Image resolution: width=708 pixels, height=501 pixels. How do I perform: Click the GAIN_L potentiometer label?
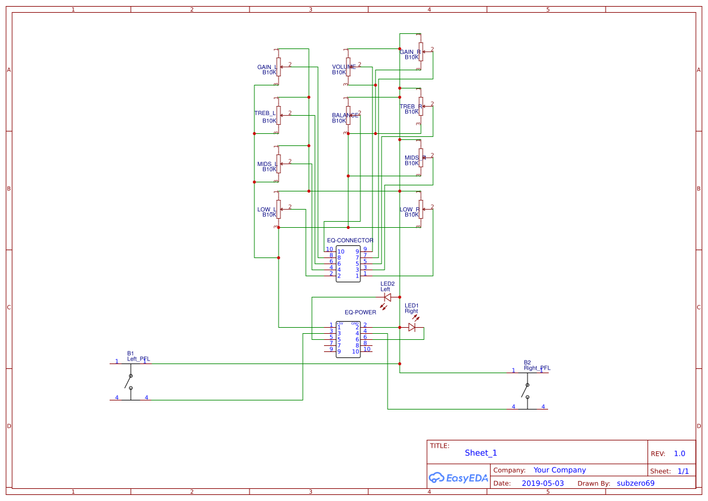[x=266, y=67]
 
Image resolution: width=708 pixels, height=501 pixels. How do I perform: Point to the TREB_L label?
[x=265, y=113]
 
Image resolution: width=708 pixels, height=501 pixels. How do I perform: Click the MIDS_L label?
[x=266, y=164]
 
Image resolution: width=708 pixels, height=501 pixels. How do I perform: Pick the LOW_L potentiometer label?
[x=266, y=210]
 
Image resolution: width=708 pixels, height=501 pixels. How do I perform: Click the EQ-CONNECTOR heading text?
[x=350, y=241]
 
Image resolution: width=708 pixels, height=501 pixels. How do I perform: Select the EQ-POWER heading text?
[x=360, y=313]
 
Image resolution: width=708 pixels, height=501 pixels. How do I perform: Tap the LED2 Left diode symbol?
[x=388, y=297]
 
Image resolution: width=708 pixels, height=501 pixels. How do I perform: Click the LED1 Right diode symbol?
[x=412, y=327]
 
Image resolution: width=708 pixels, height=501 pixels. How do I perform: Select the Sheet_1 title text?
[x=481, y=453]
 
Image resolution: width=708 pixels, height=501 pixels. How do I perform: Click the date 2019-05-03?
[x=543, y=483]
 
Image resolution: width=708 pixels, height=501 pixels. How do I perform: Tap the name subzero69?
[x=635, y=483]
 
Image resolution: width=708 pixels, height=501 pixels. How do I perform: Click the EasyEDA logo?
[x=458, y=478]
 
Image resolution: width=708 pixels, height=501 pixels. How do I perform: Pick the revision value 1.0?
[x=679, y=454]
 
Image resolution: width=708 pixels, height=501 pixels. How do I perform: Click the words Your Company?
[x=560, y=470]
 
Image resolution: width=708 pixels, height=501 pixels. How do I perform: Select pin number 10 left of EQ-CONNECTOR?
[x=329, y=250]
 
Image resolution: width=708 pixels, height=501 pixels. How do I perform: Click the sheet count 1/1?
[x=683, y=471]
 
